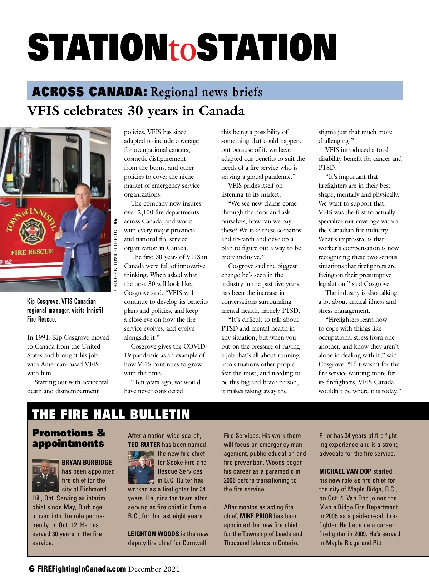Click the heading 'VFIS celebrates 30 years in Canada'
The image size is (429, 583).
pyautogui.click(x=136, y=111)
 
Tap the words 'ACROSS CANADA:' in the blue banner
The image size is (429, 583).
pyautogui.click(x=89, y=92)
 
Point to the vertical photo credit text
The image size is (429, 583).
pyautogui.click(x=115, y=254)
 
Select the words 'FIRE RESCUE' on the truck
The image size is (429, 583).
pyautogui.click(x=32, y=252)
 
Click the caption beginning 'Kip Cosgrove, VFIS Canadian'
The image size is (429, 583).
pyautogui.click(x=65, y=310)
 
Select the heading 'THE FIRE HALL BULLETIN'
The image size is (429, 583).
pyautogui.click(x=111, y=414)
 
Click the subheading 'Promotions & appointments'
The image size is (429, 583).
pyautogui.click(x=69, y=438)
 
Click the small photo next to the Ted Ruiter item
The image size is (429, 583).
pyautogui.click(x=141, y=468)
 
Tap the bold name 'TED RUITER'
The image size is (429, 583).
pyautogui.click(x=144, y=445)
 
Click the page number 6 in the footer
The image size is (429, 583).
pyautogui.click(x=32, y=569)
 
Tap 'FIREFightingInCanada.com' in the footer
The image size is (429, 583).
pyautogui.click(x=82, y=569)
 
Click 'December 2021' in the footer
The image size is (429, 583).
pyautogui.click(x=154, y=569)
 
